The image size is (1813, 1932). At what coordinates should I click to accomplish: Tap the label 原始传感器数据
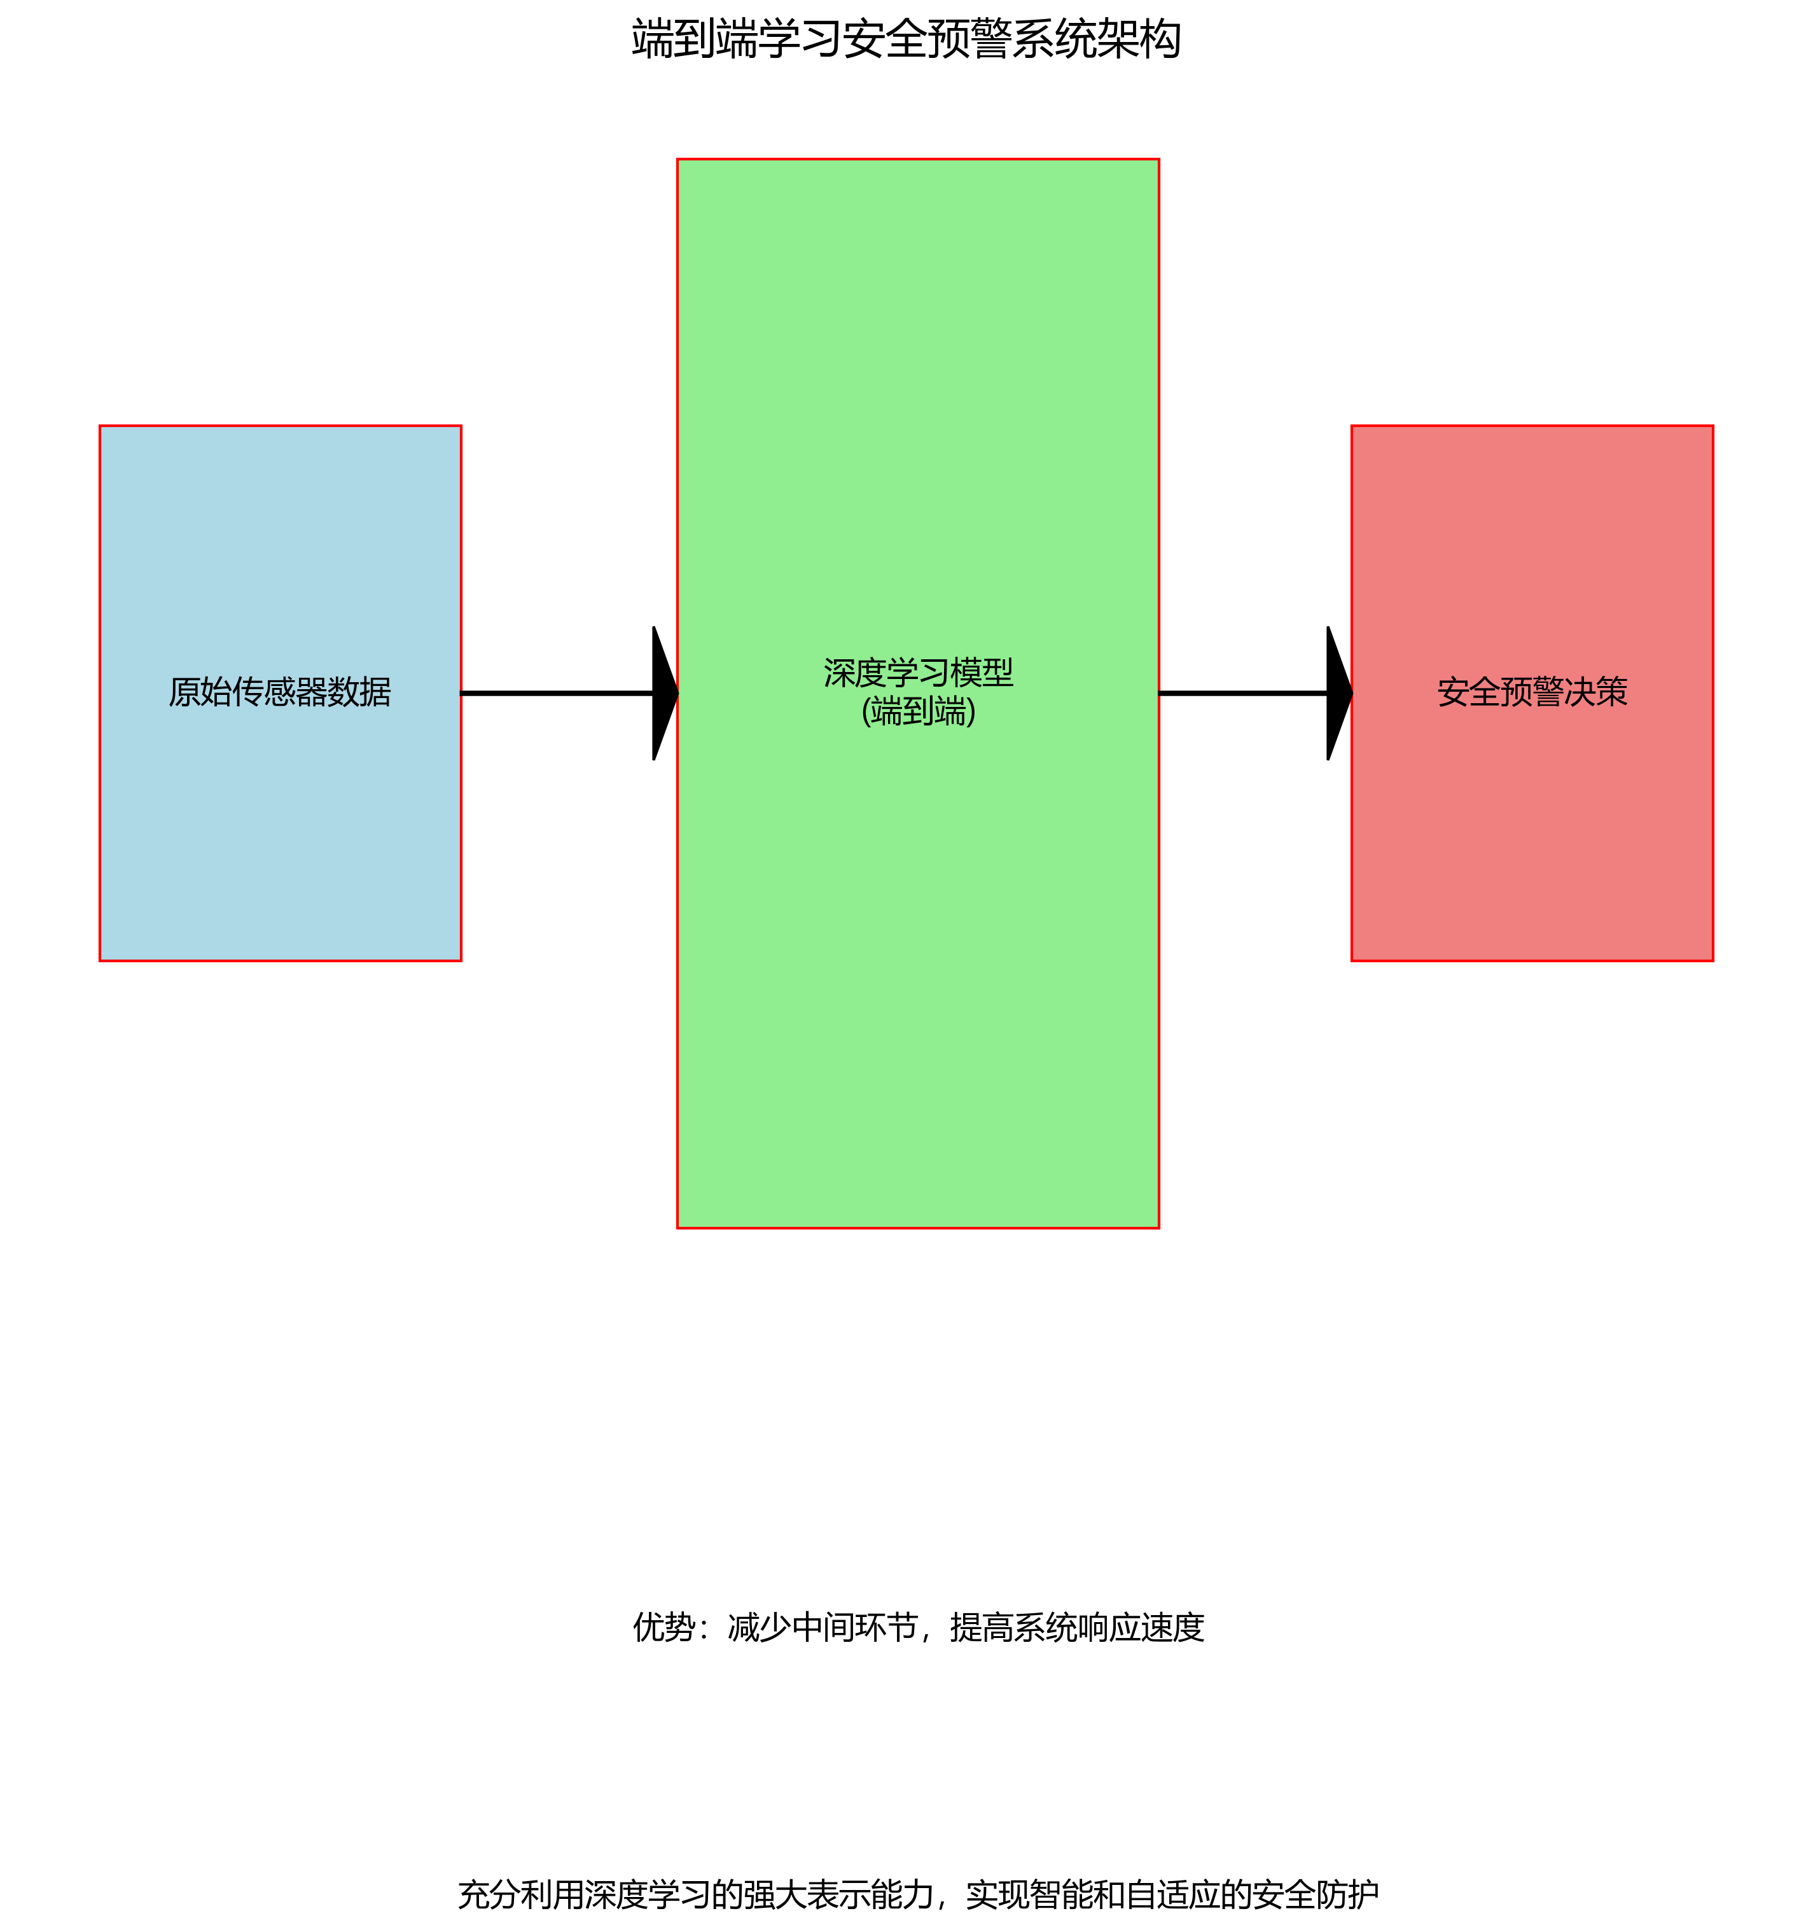point(280,692)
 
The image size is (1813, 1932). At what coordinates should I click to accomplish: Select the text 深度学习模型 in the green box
point(918,673)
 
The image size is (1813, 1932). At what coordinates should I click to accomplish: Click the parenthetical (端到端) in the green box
point(918,712)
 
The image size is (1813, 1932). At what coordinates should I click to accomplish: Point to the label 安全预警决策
point(1532,692)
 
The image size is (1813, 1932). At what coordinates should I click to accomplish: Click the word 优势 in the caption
point(663,1627)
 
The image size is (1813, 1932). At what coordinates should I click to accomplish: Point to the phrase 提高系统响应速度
point(1076,1627)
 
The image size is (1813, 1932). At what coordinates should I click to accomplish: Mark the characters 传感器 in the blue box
point(280,692)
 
